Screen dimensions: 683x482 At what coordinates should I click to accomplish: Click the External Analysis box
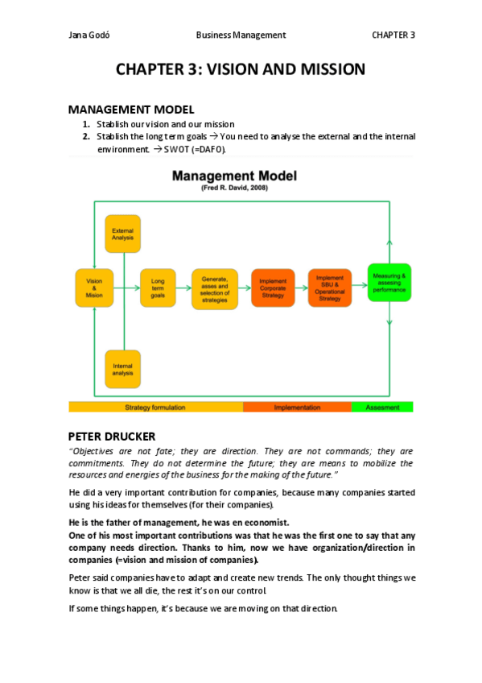(x=122, y=234)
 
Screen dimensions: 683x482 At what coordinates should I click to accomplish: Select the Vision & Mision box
(x=94, y=288)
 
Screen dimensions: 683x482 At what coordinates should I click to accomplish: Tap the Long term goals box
(x=158, y=288)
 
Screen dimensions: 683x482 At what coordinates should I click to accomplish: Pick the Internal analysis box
(x=122, y=370)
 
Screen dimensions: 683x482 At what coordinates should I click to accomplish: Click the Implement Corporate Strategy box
(x=273, y=288)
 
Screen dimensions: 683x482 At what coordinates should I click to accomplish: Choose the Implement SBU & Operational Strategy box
(x=330, y=288)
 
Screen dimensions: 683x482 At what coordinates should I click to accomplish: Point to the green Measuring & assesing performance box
(x=389, y=282)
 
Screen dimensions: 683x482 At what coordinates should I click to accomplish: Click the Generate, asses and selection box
(x=215, y=288)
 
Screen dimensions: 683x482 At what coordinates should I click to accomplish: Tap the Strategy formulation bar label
(x=155, y=408)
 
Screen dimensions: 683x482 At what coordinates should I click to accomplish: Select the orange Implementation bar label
(x=296, y=408)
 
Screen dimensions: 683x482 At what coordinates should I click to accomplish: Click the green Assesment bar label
(x=382, y=408)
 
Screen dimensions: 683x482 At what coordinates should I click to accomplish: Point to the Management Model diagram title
(x=234, y=175)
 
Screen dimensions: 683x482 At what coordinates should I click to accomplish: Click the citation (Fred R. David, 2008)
(x=234, y=187)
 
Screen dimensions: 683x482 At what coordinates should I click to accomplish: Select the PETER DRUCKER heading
(x=112, y=436)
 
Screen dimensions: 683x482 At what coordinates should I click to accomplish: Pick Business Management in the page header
(x=241, y=35)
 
